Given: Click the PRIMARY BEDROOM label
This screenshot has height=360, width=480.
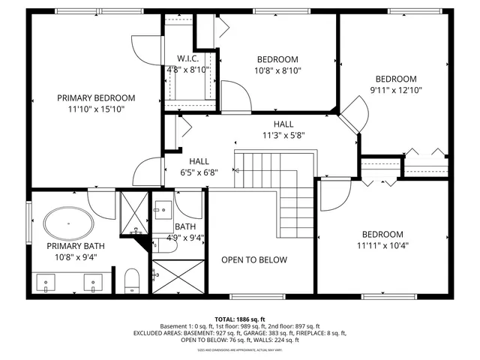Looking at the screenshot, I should coord(96,97).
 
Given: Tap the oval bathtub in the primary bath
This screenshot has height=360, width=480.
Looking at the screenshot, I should coord(70,223).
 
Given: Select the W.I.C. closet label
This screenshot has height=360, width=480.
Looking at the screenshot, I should coord(187,58).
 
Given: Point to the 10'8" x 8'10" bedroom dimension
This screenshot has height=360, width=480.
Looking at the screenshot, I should coord(277,71).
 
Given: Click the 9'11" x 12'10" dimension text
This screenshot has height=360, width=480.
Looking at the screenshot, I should coord(395,91).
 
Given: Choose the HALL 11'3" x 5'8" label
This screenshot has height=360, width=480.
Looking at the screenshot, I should coord(283,136).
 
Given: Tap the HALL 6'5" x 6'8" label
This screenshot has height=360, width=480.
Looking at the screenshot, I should coord(199,172).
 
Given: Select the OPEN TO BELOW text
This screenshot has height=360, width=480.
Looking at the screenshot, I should coord(253,260).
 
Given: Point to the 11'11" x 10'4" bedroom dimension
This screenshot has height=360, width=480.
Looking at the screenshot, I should coord(382,245).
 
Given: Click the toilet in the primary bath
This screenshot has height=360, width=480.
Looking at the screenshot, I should coord(132,280).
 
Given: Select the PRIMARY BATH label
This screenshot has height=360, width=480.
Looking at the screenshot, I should coord(76,246).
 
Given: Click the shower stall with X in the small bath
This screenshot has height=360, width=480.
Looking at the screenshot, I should coord(178,277).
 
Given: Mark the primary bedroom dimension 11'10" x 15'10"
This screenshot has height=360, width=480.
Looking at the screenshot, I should coord(96,109).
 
